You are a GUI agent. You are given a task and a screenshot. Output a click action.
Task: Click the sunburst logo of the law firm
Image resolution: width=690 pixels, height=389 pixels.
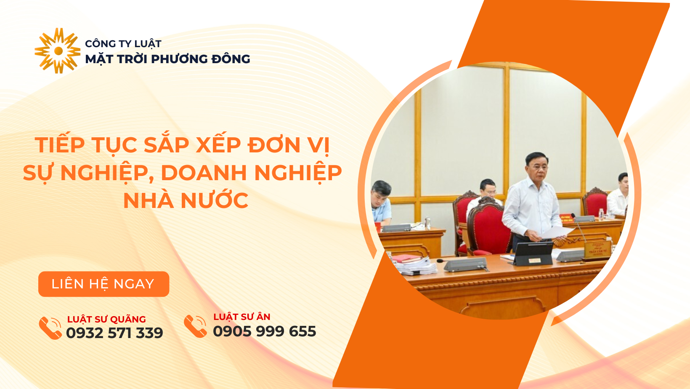click(58, 51)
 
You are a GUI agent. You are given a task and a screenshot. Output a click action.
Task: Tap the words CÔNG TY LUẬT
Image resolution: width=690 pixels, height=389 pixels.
click(123, 44)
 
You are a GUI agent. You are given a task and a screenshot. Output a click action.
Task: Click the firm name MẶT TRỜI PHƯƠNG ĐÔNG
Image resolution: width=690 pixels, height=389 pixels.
click(167, 59)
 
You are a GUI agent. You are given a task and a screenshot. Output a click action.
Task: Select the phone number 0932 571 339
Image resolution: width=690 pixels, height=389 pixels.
click(114, 333)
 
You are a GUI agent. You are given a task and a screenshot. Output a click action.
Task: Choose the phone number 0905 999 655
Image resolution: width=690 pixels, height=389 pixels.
click(265, 331)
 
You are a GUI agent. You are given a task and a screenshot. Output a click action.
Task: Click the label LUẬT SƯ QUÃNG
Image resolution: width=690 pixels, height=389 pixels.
click(106, 319)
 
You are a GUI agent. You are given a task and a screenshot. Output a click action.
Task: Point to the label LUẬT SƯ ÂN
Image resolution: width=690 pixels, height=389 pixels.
click(242, 317)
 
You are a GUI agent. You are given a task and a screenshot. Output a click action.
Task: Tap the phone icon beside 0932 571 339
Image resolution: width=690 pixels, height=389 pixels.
click(50, 328)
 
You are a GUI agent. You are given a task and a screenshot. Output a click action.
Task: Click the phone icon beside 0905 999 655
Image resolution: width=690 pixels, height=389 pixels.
click(195, 326)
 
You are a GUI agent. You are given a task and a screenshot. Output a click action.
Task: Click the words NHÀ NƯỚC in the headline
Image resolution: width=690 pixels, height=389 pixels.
click(186, 201)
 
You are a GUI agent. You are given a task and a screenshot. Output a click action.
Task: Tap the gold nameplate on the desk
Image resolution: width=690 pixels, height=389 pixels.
click(597, 250)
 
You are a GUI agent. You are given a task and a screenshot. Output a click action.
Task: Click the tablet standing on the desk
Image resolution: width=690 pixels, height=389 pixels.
click(533, 254)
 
